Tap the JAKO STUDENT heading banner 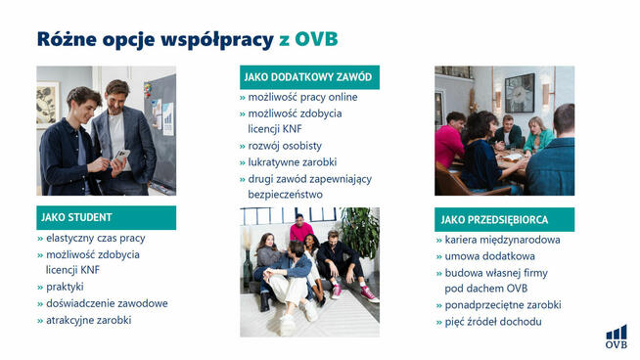tap(106, 217)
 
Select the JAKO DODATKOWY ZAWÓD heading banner tap(308, 77)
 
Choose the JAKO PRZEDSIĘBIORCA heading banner tap(503, 219)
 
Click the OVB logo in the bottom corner tap(616, 336)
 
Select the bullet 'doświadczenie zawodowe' tap(102, 303)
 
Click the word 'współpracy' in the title tap(209, 39)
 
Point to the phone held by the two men tap(121, 156)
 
